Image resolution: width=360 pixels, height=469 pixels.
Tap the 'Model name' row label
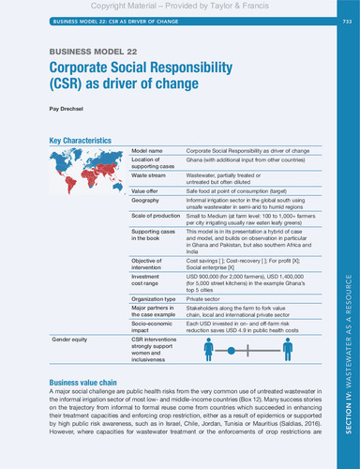(147, 151)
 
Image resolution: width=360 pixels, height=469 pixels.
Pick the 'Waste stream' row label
(150, 174)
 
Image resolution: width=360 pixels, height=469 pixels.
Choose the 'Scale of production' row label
(157, 217)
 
